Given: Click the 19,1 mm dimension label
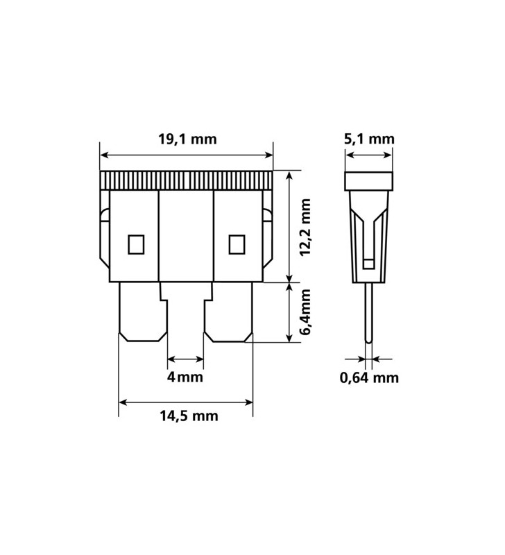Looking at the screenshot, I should (x=187, y=139).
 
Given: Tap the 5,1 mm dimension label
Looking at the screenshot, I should (x=369, y=139).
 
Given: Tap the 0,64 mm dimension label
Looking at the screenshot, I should (x=369, y=378).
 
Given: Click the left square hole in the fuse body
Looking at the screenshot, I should (x=135, y=244).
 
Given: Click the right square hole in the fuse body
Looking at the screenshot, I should (x=237, y=244).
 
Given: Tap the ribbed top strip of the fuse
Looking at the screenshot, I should (x=187, y=180).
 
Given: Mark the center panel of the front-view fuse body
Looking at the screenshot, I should (x=186, y=236).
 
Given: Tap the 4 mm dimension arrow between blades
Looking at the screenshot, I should (x=186, y=359).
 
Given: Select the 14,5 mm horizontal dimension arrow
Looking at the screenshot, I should (x=186, y=400).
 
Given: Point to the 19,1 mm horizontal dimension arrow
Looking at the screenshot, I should (x=187, y=155).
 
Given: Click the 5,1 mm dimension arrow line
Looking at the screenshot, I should (x=370, y=155).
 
